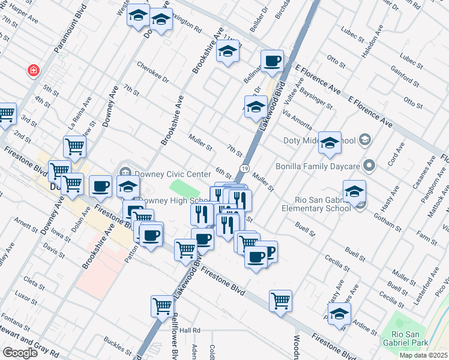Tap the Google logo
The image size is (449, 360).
20,353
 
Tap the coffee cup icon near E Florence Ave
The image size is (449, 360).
273,61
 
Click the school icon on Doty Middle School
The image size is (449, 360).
330,143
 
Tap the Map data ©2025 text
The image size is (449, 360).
423,355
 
